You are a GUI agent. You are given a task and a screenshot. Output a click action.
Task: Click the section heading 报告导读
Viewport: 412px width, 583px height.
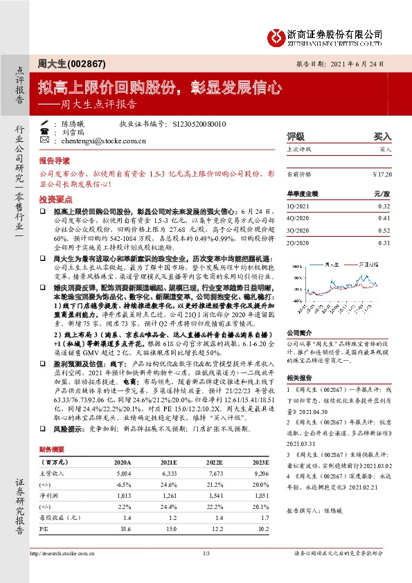pos(53,159)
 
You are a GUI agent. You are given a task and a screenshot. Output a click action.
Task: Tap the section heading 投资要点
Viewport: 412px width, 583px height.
pos(53,197)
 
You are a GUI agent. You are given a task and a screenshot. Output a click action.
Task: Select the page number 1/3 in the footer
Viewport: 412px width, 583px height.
pos(206,553)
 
